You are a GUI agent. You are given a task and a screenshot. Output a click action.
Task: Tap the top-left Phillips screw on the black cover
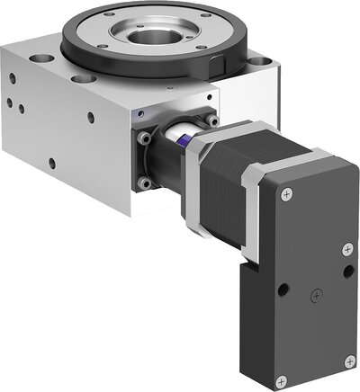(x=286, y=194)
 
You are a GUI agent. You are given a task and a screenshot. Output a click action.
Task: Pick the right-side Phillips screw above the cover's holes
(x=346, y=245)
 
